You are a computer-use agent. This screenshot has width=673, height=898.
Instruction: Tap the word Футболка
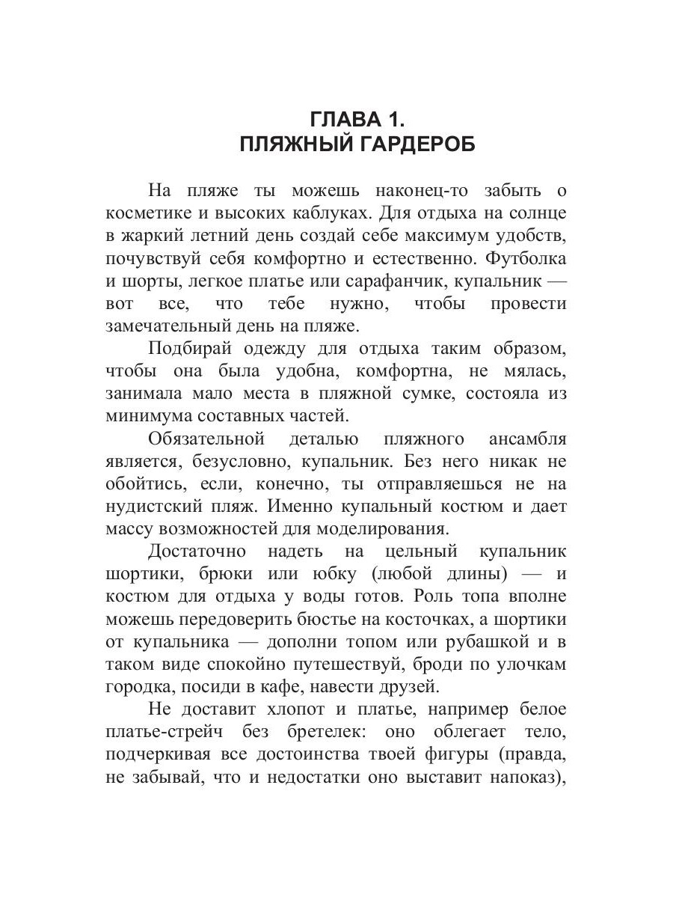coord(526,258)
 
